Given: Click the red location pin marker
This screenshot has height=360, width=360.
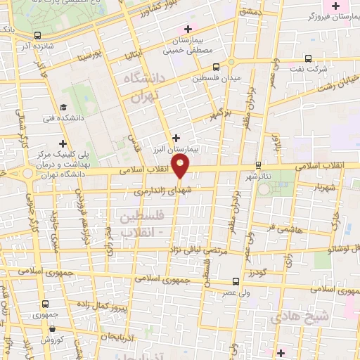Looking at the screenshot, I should (181, 167).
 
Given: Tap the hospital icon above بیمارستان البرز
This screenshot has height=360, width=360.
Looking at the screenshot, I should (176, 138).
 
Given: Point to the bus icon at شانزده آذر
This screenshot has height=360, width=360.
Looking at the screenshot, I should (37, 34).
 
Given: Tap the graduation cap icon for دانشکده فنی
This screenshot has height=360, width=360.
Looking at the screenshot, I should (63, 108).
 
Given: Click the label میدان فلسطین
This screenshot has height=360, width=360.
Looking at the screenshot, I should (217, 76).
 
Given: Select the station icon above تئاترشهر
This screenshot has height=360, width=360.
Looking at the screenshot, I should (259, 164).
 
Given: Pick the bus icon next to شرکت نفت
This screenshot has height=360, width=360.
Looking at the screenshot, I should (308, 59).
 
